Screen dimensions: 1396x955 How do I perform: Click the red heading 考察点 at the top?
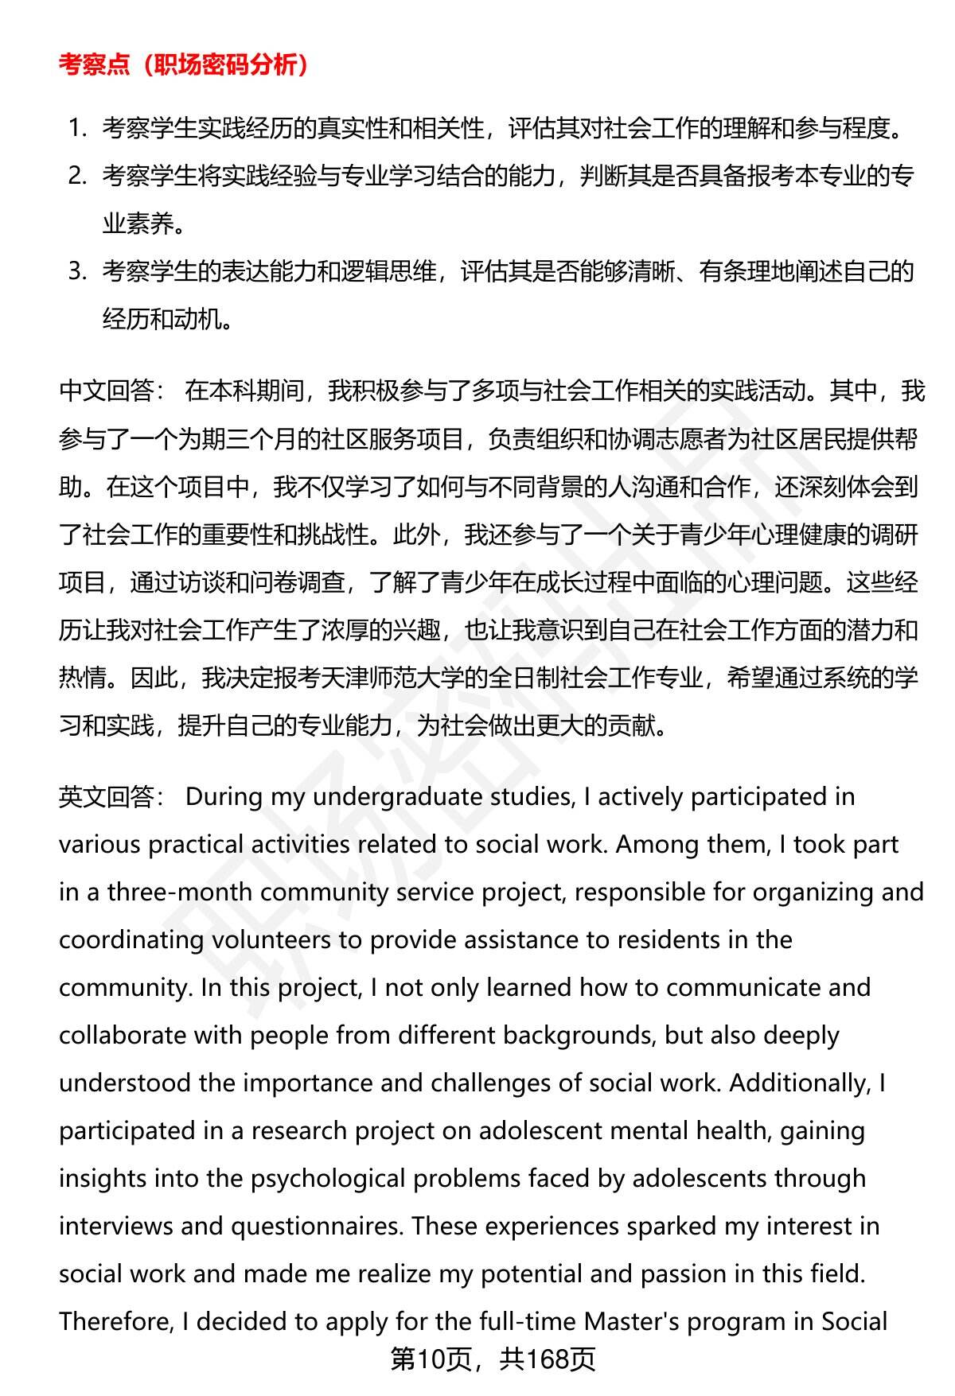tap(94, 64)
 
